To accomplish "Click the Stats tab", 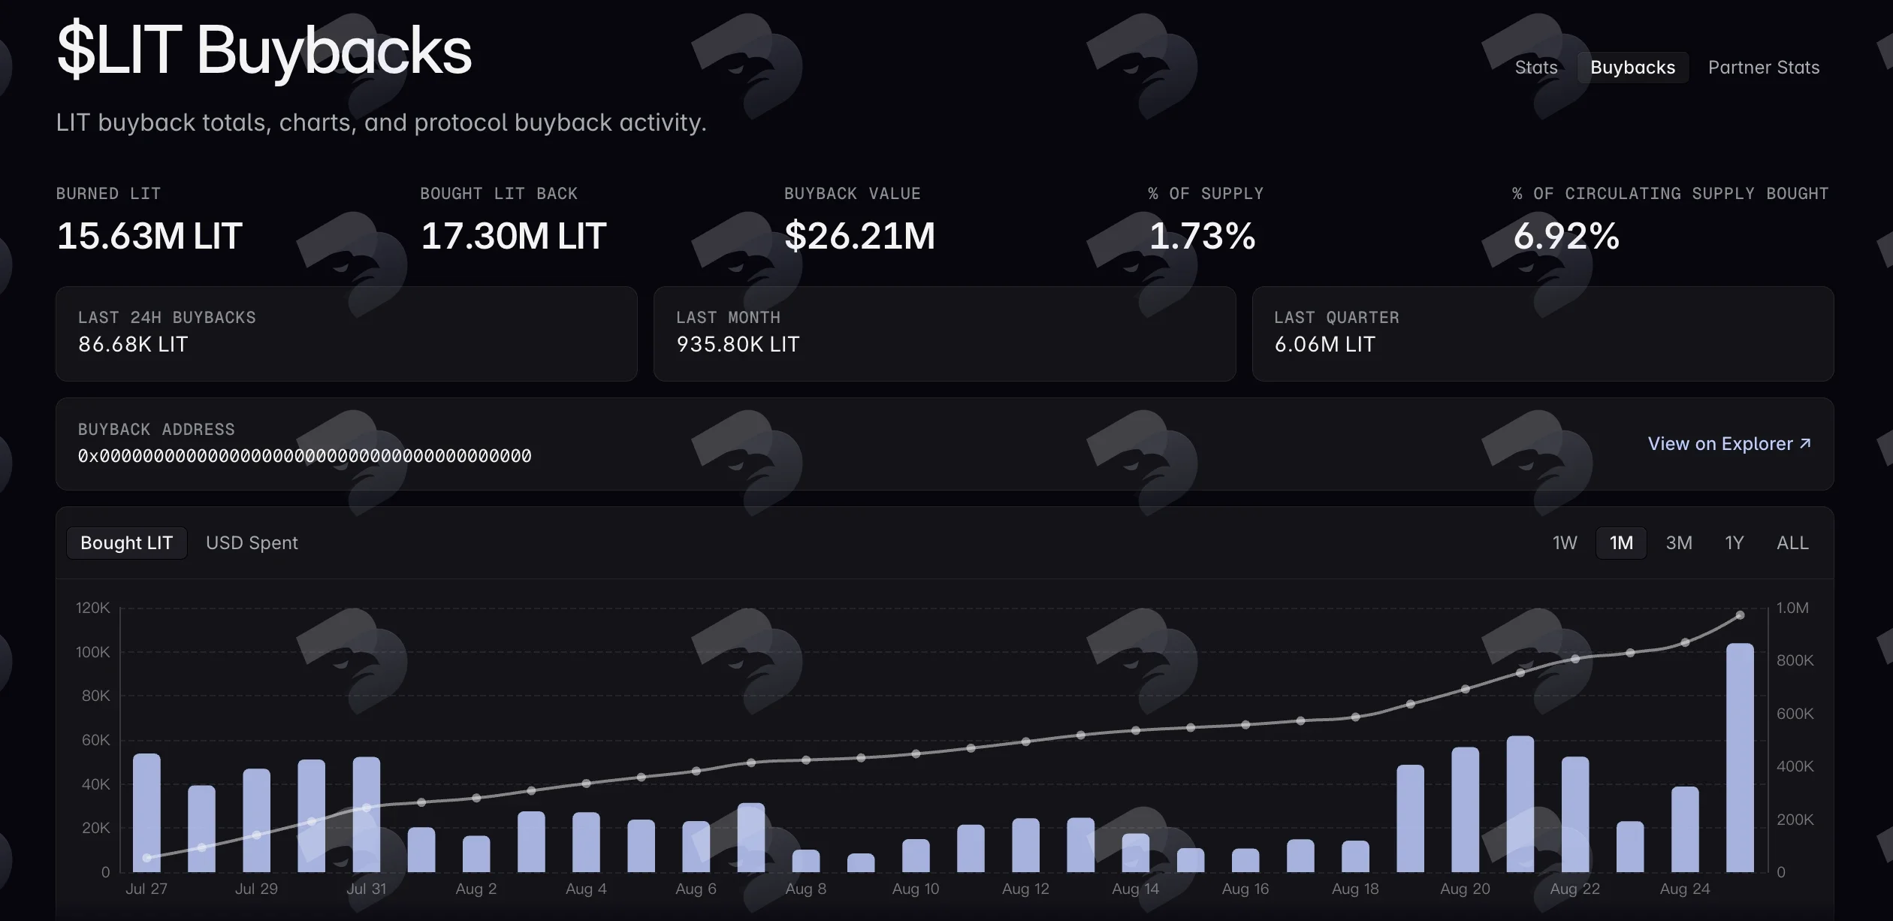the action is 1535,68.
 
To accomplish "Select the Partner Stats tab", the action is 1764,68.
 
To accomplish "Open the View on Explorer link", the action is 1729,444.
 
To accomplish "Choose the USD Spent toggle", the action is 252,543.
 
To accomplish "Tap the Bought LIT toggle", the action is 126,543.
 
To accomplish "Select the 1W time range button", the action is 1565,543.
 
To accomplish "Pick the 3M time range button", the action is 1679,543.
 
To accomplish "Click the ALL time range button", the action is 1792,543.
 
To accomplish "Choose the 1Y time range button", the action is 1734,543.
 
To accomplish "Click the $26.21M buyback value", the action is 859,236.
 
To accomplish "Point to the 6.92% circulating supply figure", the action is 1566,236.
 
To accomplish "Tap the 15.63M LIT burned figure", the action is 149,236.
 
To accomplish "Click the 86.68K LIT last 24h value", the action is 133,344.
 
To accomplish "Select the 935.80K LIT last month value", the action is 738,344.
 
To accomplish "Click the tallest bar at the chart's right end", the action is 1740,757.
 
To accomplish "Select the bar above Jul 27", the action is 146,813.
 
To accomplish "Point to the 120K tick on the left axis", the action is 92,608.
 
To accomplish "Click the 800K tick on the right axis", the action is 1795,660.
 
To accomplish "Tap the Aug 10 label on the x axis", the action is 916,889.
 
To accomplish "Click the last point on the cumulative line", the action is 1740,615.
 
